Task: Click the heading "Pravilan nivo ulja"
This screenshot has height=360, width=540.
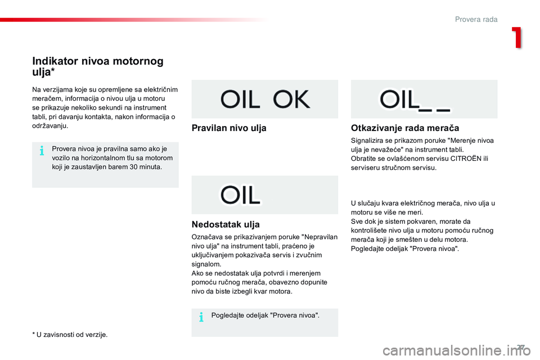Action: coord(229,128)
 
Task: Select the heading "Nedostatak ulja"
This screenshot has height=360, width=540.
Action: coord(226,224)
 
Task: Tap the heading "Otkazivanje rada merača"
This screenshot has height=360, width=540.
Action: coord(405,128)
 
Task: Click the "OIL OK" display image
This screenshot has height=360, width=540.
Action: coord(265,99)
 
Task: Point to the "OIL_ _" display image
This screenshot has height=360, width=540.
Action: coord(424,99)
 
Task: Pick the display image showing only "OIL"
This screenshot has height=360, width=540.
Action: coord(265,195)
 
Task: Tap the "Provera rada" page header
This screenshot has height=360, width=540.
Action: coord(476,19)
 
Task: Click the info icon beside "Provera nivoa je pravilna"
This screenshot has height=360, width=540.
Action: coord(42,151)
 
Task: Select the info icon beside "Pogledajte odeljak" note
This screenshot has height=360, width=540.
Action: coord(201,317)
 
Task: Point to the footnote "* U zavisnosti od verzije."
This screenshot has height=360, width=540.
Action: coord(70,335)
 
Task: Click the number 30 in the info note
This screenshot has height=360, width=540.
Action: coord(134,167)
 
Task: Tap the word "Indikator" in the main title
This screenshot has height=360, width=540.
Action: coord(55,61)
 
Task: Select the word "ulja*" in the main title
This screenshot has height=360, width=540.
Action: coord(43,72)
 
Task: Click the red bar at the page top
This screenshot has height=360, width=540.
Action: coord(134,20)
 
